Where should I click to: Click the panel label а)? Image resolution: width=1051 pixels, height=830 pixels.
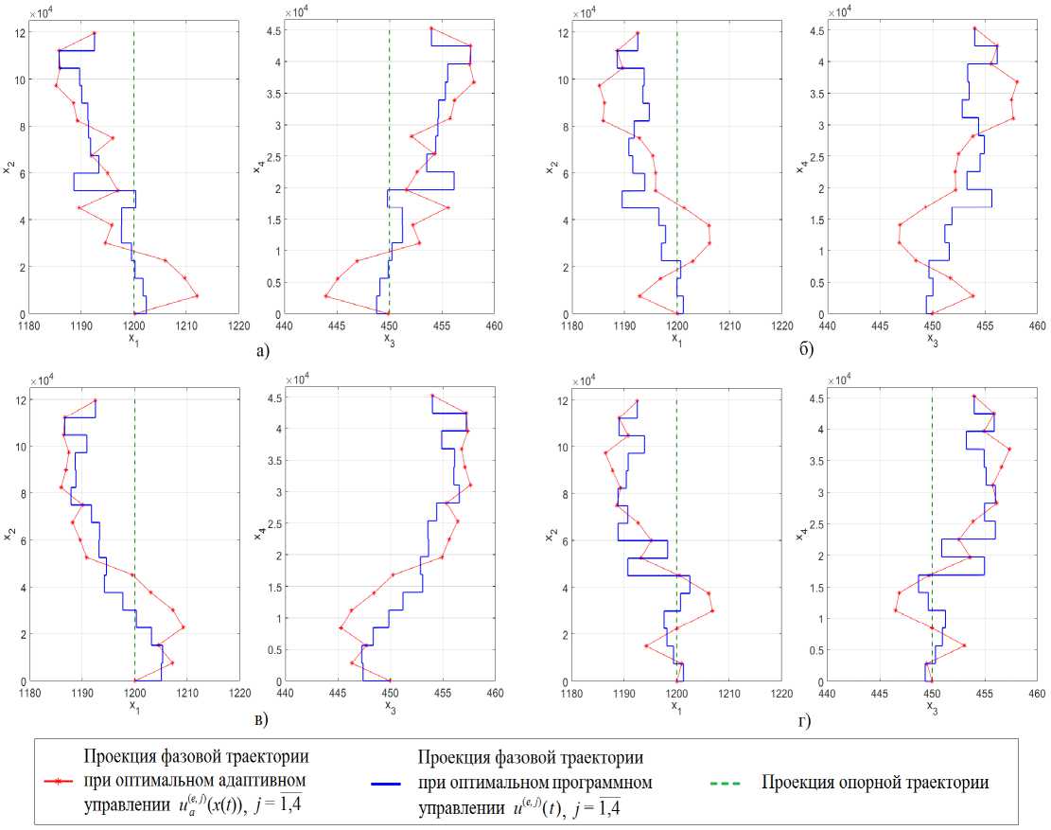click(262, 351)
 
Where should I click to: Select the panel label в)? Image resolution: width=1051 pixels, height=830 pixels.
click(262, 719)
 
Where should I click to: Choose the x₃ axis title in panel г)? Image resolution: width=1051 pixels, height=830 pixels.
click(932, 705)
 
